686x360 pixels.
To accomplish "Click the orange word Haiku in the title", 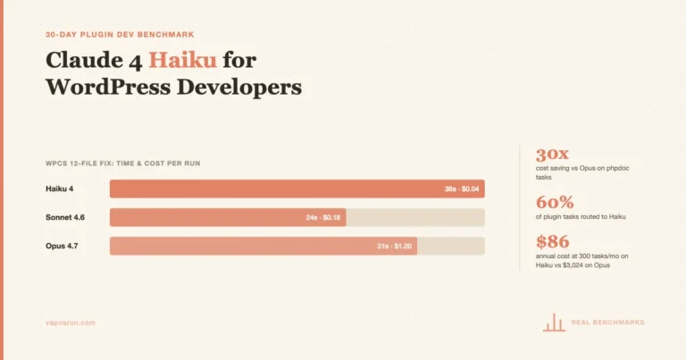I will (182, 61).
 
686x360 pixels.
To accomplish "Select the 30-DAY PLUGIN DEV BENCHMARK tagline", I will (119, 35).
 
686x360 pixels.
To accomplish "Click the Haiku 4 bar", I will (297, 188).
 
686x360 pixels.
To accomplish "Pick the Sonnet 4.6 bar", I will (227, 217).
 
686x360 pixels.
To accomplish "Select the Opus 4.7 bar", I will (263, 246).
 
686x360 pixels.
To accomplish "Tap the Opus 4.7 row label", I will (63, 246).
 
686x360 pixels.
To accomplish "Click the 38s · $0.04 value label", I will (462, 188).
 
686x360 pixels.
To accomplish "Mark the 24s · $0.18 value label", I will (322, 217).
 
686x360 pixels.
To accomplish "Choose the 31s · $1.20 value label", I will (394, 246).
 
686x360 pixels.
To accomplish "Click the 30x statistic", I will (554, 154).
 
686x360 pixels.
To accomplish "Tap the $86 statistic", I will (553, 241).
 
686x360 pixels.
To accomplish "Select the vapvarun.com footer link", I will (70, 322).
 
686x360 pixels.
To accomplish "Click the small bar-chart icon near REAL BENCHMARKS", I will (554, 322).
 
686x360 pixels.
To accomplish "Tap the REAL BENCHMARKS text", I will (607, 322).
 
